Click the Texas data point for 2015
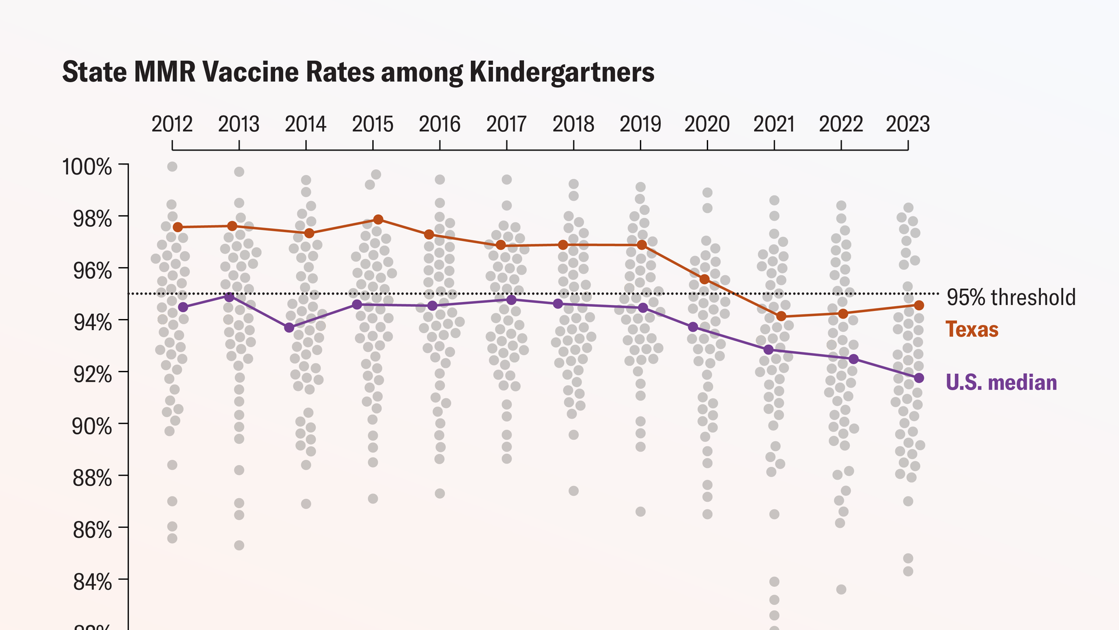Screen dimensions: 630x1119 point(378,219)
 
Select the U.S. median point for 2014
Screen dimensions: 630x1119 point(289,328)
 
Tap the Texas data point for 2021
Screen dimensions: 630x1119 point(782,316)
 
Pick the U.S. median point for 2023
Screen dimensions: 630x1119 point(919,378)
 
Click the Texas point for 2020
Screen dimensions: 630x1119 point(704,279)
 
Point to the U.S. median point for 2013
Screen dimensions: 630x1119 point(229,297)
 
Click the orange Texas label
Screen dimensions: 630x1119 point(972,330)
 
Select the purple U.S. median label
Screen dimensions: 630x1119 point(1001,383)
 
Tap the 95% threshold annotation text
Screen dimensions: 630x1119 point(1011,297)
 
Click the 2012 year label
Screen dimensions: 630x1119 point(172,124)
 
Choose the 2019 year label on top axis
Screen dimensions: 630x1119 point(640,124)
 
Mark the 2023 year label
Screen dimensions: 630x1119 point(907,124)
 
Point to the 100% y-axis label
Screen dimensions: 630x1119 point(87,167)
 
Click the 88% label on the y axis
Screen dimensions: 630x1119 point(92,478)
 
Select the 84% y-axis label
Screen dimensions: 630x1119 point(92,582)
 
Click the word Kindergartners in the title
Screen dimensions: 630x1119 point(562,72)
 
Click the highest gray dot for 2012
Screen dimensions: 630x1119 point(172,167)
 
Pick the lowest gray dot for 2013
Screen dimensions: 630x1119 point(239,545)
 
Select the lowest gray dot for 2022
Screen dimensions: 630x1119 point(841,590)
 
